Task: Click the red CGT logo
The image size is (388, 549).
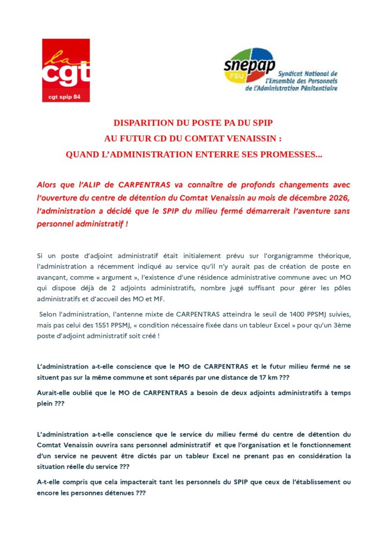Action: click(x=66, y=70)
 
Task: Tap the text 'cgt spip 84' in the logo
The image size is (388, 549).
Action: click(x=66, y=97)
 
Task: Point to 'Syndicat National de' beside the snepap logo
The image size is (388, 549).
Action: click(x=305, y=73)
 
